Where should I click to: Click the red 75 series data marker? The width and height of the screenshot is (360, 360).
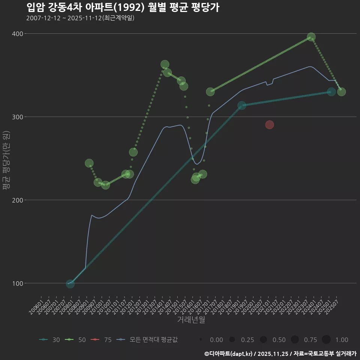pyautogui.click(x=270, y=125)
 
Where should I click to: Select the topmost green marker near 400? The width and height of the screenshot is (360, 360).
pyautogui.click(x=311, y=37)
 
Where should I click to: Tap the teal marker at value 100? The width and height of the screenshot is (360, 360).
pyautogui.click(x=70, y=284)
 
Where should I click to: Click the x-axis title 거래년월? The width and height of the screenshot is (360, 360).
pyautogui.click(x=191, y=320)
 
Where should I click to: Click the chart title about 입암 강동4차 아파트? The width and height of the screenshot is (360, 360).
pyautogui.click(x=123, y=7)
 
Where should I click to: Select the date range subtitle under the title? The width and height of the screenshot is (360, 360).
pyautogui.click(x=80, y=18)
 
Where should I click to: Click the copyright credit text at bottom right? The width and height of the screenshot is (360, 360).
pyautogui.click(x=280, y=353)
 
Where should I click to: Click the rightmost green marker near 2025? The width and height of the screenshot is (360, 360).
pyautogui.click(x=341, y=92)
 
